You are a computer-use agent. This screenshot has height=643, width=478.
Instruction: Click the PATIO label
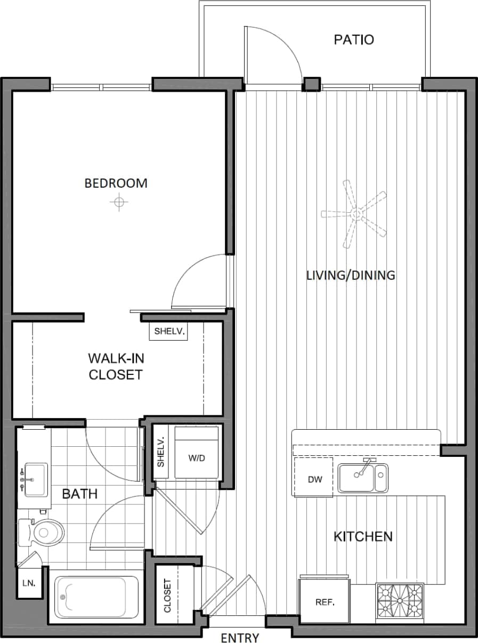click(x=354, y=40)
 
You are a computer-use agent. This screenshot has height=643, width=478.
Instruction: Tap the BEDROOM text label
click(x=116, y=183)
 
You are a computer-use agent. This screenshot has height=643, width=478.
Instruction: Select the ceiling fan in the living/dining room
click(x=354, y=214)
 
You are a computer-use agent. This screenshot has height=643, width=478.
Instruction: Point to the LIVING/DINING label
click(x=351, y=276)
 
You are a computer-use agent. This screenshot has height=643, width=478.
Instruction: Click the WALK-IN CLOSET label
click(x=116, y=366)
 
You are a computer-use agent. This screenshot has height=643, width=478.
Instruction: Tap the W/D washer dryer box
click(x=197, y=458)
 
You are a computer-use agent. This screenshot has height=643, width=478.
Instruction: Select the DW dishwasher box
click(x=314, y=478)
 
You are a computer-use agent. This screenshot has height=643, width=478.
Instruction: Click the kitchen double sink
click(x=363, y=477)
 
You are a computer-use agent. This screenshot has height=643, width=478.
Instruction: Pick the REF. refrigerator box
click(x=325, y=602)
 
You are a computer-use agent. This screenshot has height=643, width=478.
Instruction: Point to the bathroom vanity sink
click(x=35, y=479)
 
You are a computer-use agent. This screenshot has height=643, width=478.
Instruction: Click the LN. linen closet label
click(x=28, y=583)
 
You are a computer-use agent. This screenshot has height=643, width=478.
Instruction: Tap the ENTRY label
click(x=240, y=638)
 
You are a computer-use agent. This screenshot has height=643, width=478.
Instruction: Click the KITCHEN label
click(x=363, y=536)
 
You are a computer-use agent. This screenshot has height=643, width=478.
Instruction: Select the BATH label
click(x=80, y=494)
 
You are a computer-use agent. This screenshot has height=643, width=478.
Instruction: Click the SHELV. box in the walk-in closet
click(x=169, y=331)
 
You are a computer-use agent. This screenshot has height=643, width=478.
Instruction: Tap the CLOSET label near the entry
click(x=167, y=595)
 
